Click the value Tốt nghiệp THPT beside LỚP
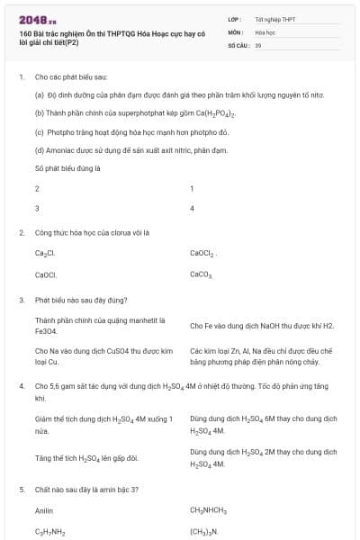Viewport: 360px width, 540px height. tap(275, 18)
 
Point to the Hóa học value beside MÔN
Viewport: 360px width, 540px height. tap(265, 31)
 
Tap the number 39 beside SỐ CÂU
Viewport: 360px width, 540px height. tap(258, 44)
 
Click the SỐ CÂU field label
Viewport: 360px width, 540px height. tap(238, 44)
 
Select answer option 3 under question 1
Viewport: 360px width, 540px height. tap(37, 208)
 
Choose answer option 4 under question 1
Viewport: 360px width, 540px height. tap(193, 208)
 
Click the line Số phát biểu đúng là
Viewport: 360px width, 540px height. tap(67, 167)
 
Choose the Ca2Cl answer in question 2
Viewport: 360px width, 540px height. tap(46, 253)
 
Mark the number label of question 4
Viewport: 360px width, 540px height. tap(22, 385)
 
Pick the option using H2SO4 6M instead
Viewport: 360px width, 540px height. tap(263, 425)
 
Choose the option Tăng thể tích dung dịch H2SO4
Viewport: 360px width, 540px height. tap(86, 457)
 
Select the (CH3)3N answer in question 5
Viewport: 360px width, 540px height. tap(203, 532)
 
